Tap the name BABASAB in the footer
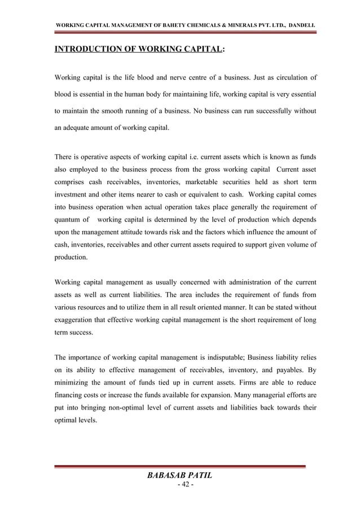tap(164, 476)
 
